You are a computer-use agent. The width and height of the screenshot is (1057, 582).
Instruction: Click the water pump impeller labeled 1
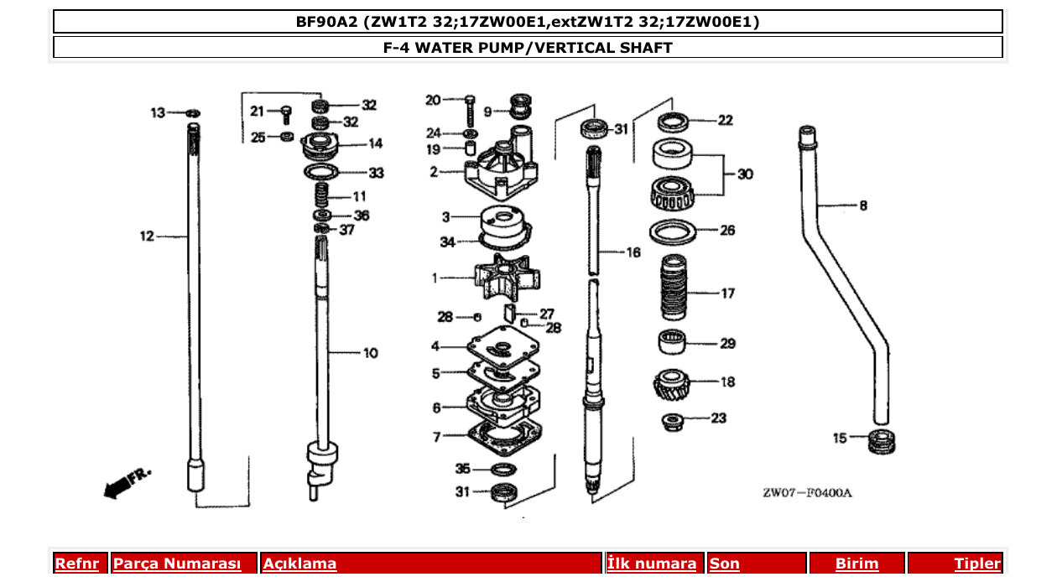click(498, 279)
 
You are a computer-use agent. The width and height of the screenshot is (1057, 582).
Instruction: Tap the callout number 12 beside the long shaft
click(148, 236)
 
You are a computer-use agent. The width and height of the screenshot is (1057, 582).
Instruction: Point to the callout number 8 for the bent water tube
click(863, 205)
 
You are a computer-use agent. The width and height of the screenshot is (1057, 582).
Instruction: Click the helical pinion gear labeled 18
click(676, 385)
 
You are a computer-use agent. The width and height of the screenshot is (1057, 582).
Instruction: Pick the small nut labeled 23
click(674, 420)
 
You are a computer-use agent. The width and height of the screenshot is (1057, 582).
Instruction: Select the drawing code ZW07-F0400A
click(807, 493)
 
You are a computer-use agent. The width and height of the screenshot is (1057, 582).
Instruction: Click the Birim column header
click(857, 564)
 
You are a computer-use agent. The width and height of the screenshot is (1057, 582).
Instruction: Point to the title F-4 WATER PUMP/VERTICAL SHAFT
click(528, 48)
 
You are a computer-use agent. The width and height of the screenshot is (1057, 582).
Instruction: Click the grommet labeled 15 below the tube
click(880, 439)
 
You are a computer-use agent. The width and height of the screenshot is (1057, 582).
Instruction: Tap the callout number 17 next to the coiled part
click(727, 294)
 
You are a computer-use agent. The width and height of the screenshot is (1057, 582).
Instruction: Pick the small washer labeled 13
click(193, 112)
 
